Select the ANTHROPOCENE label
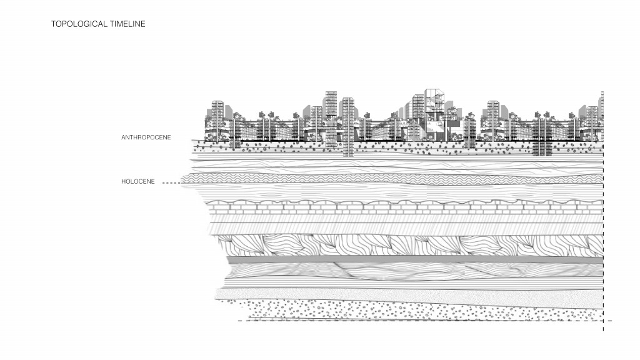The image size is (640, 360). coord(146,137)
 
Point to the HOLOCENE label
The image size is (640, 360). coord(137,182)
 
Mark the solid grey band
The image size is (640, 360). coord(412,259)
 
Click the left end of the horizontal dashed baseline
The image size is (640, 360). coord(239,321)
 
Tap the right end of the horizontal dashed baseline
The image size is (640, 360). coord(611,321)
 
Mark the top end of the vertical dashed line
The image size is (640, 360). coord(603,92)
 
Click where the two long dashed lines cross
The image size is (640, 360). coord(603,321)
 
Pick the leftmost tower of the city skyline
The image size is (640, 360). coord(217,122)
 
